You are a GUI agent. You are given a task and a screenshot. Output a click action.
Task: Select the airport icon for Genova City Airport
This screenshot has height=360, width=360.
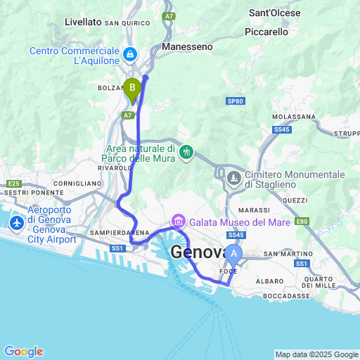(16, 224)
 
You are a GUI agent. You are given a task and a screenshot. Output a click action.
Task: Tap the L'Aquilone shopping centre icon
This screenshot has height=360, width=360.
(130, 53)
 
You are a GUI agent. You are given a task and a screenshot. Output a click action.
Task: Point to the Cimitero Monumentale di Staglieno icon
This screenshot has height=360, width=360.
(233, 180)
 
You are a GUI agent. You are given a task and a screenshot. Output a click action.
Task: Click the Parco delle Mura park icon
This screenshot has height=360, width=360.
(186, 152)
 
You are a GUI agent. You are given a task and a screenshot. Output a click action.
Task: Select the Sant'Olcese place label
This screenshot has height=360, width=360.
(275, 13)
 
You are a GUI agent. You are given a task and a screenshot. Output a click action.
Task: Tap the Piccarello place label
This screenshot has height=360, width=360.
(266, 32)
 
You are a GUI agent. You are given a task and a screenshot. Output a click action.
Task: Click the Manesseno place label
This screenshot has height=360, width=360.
(186, 46)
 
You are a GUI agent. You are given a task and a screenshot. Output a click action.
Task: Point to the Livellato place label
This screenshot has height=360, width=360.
(83, 22)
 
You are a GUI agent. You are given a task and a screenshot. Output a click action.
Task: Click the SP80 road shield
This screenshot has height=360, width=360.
(236, 101)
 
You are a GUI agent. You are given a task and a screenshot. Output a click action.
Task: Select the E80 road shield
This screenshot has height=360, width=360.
(302, 221)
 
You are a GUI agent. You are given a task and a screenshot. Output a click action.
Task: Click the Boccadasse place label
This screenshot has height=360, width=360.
(288, 296)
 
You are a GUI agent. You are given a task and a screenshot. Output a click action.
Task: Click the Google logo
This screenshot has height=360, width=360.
(23, 352)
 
